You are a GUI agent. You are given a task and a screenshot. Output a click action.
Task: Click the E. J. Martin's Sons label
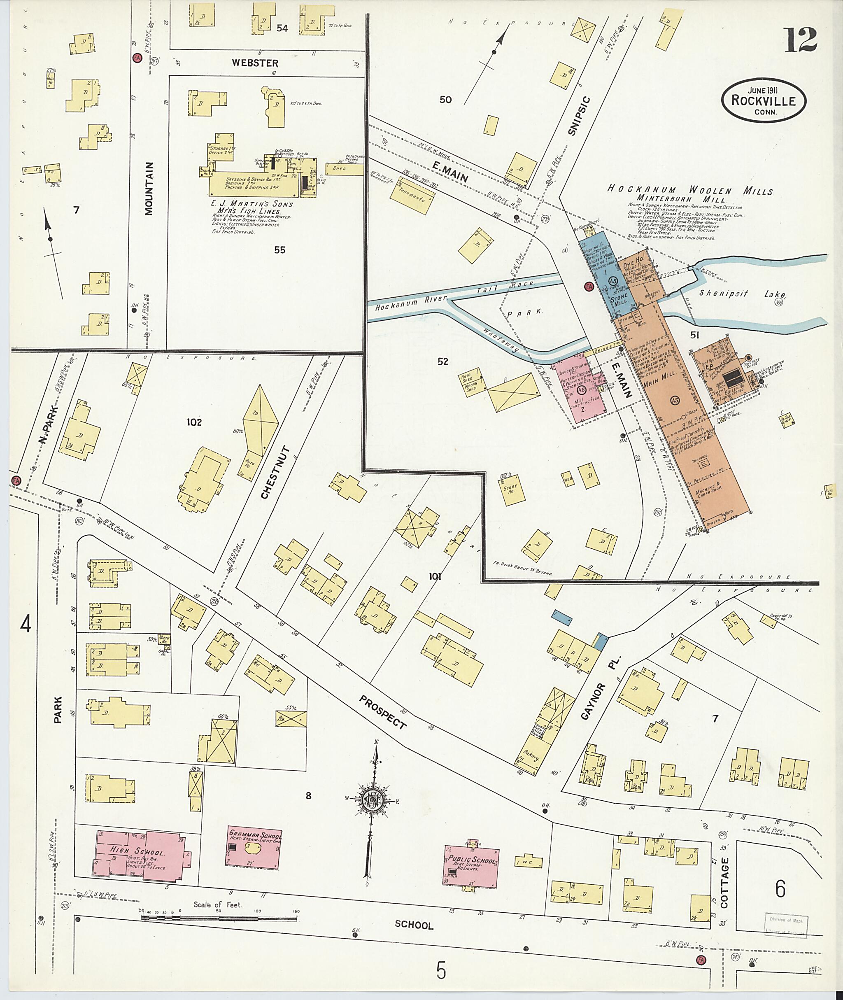pyautogui.click(x=252, y=204)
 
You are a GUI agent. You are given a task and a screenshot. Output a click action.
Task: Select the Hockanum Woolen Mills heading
pyautogui.click(x=689, y=190)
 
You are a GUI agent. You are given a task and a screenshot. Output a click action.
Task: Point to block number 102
pyautogui.click(x=194, y=422)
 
